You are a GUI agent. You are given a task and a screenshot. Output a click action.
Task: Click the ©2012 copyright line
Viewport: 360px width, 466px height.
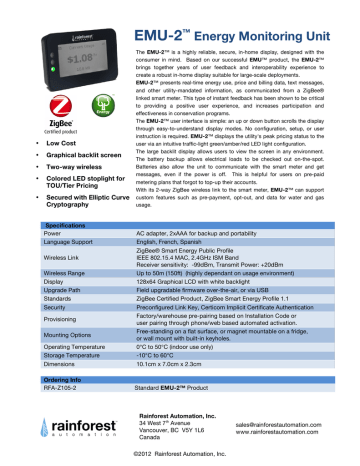coord(180,461)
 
